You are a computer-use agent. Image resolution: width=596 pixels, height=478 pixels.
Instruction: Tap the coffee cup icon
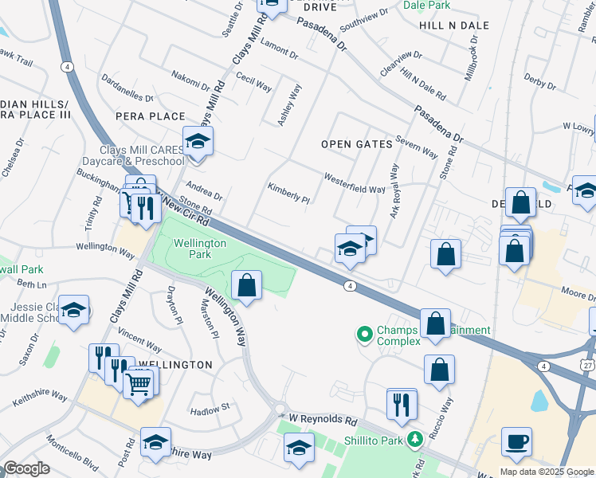pyautogui.click(x=516, y=441)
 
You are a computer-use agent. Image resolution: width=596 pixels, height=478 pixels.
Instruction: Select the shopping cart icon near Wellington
pyautogui.click(x=139, y=384)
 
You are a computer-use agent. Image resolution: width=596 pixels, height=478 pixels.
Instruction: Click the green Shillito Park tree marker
pyautogui.click(x=414, y=439)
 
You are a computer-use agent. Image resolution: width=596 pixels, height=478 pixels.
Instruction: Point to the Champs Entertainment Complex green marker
pyautogui.click(x=365, y=334)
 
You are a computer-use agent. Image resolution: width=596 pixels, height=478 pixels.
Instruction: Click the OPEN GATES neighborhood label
pyautogui.click(x=357, y=144)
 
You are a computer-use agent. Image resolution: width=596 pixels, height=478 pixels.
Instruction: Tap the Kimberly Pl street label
pyautogui.click(x=288, y=193)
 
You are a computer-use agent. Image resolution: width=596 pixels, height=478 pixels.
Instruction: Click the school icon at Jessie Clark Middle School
pyautogui.click(x=74, y=309)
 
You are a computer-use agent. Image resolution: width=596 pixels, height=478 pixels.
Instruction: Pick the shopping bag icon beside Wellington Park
pyautogui.click(x=247, y=284)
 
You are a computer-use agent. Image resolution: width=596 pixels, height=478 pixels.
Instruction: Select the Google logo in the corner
pyautogui.click(x=26, y=468)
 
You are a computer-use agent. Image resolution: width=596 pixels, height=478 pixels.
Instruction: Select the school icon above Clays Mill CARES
pyautogui.click(x=198, y=142)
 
